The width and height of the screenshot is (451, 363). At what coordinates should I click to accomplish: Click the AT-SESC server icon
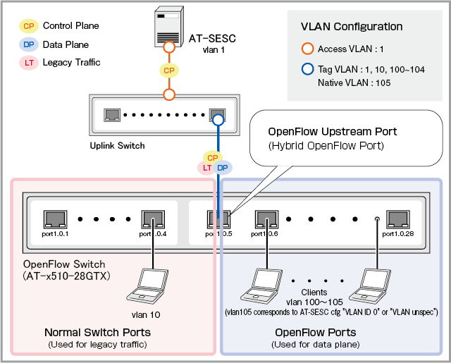167,25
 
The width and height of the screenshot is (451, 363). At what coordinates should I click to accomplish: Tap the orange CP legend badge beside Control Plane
29,26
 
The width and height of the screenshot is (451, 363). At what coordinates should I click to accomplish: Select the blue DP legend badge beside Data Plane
29,44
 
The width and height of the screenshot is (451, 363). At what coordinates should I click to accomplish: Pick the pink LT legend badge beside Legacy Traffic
29,62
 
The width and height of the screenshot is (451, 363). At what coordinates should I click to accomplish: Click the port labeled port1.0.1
54,217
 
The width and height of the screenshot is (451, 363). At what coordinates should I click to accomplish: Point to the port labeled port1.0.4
153,217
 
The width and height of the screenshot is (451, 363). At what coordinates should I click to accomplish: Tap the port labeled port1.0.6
266,217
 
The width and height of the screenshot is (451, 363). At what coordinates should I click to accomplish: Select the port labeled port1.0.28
399,217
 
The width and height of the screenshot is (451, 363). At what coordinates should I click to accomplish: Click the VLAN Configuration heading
352,27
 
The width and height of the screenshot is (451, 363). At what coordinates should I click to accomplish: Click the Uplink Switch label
117,146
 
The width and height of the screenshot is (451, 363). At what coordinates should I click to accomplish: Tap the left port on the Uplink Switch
111,114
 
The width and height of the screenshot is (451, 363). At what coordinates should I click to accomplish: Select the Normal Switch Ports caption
97,332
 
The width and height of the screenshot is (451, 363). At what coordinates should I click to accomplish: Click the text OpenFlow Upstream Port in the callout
333,132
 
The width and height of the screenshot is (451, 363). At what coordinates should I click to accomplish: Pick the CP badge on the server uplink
168,70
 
